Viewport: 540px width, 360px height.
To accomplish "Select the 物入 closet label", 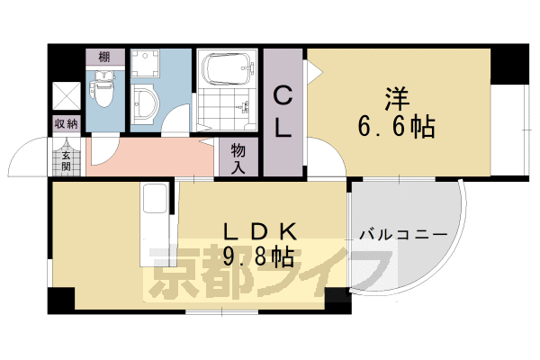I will point(238,157).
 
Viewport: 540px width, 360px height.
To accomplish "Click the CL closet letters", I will point(283,110).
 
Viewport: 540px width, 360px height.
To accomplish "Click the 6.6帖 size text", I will point(396,128).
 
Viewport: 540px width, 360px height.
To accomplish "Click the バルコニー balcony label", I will point(402,234).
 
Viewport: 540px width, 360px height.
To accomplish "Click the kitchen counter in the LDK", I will point(155,225).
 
